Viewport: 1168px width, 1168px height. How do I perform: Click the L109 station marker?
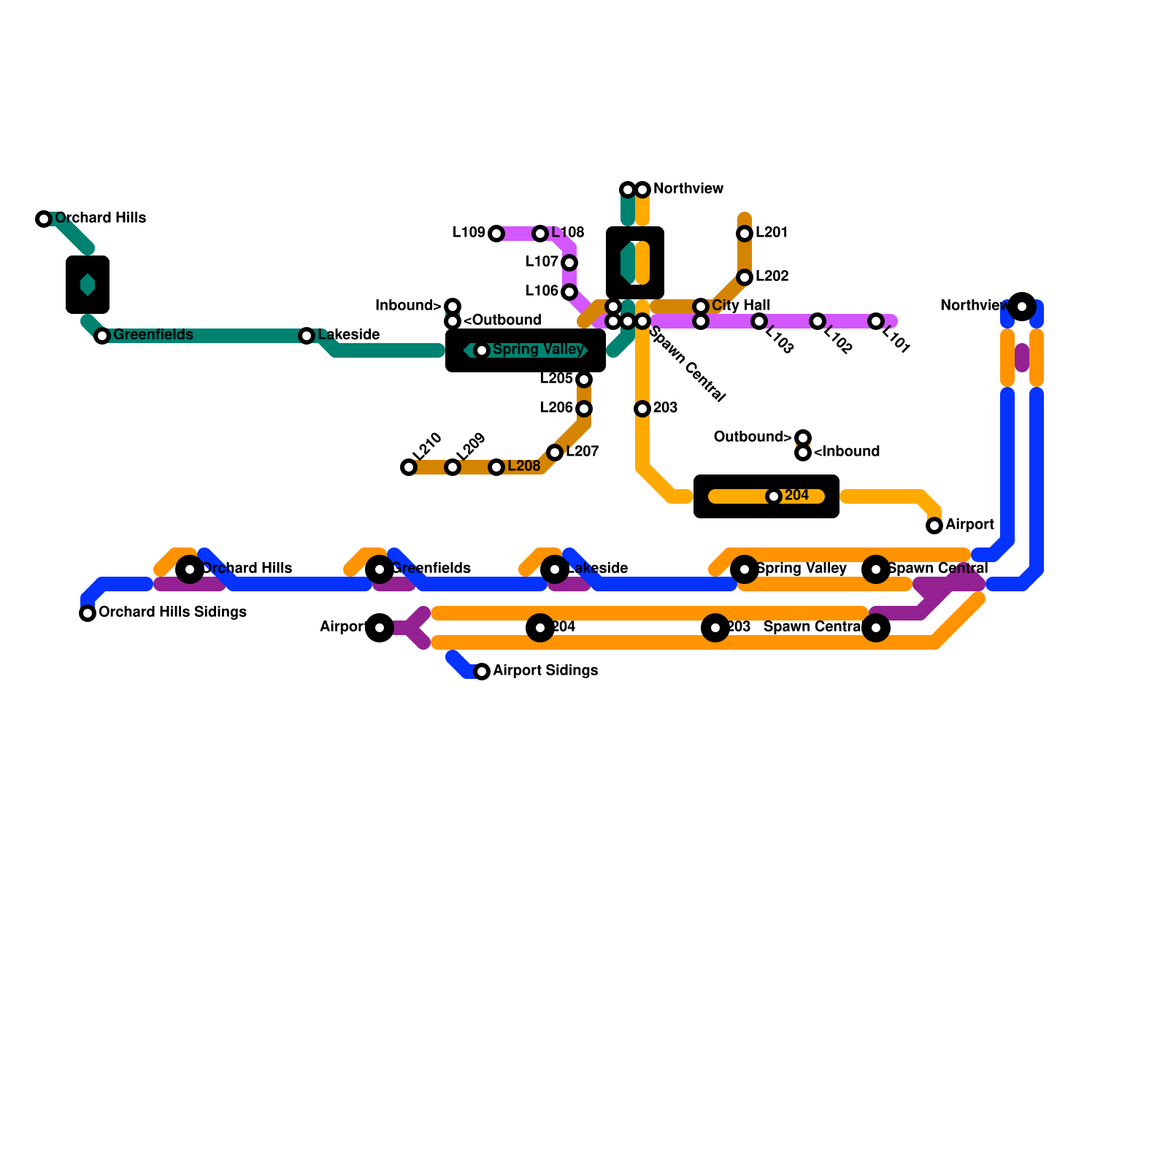(x=496, y=234)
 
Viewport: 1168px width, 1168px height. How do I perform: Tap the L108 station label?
(x=568, y=233)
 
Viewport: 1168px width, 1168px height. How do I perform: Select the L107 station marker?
(x=569, y=263)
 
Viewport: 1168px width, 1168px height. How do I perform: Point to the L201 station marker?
(x=745, y=234)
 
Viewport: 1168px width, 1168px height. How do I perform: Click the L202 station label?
(x=772, y=277)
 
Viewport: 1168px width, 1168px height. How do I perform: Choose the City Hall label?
(x=741, y=306)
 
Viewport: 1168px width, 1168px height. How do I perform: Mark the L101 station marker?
(x=876, y=321)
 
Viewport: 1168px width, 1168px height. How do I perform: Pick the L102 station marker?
(x=818, y=321)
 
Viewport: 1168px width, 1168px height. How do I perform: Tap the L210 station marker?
(x=409, y=467)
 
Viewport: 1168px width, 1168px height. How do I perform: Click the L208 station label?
(x=523, y=466)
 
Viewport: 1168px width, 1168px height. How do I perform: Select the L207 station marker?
(x=555, y=453)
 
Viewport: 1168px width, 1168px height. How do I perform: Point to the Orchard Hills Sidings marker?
(x=88, y=613)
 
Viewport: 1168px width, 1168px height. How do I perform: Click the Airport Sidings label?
(x=545, y=671)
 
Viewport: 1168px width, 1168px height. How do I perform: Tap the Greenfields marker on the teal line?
(x=102, y=336)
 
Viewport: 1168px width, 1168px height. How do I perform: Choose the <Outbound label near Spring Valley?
(x=502, y=320)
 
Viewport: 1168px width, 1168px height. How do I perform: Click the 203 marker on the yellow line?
(x=642, y=409)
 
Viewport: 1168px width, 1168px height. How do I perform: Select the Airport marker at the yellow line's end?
(x=934, y=526)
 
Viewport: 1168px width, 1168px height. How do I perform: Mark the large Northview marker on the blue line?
(x=1022, y=307)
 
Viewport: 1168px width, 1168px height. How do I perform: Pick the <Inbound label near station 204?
(x=846, y=452)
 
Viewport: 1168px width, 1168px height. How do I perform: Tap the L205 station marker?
(x=584, y=380)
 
